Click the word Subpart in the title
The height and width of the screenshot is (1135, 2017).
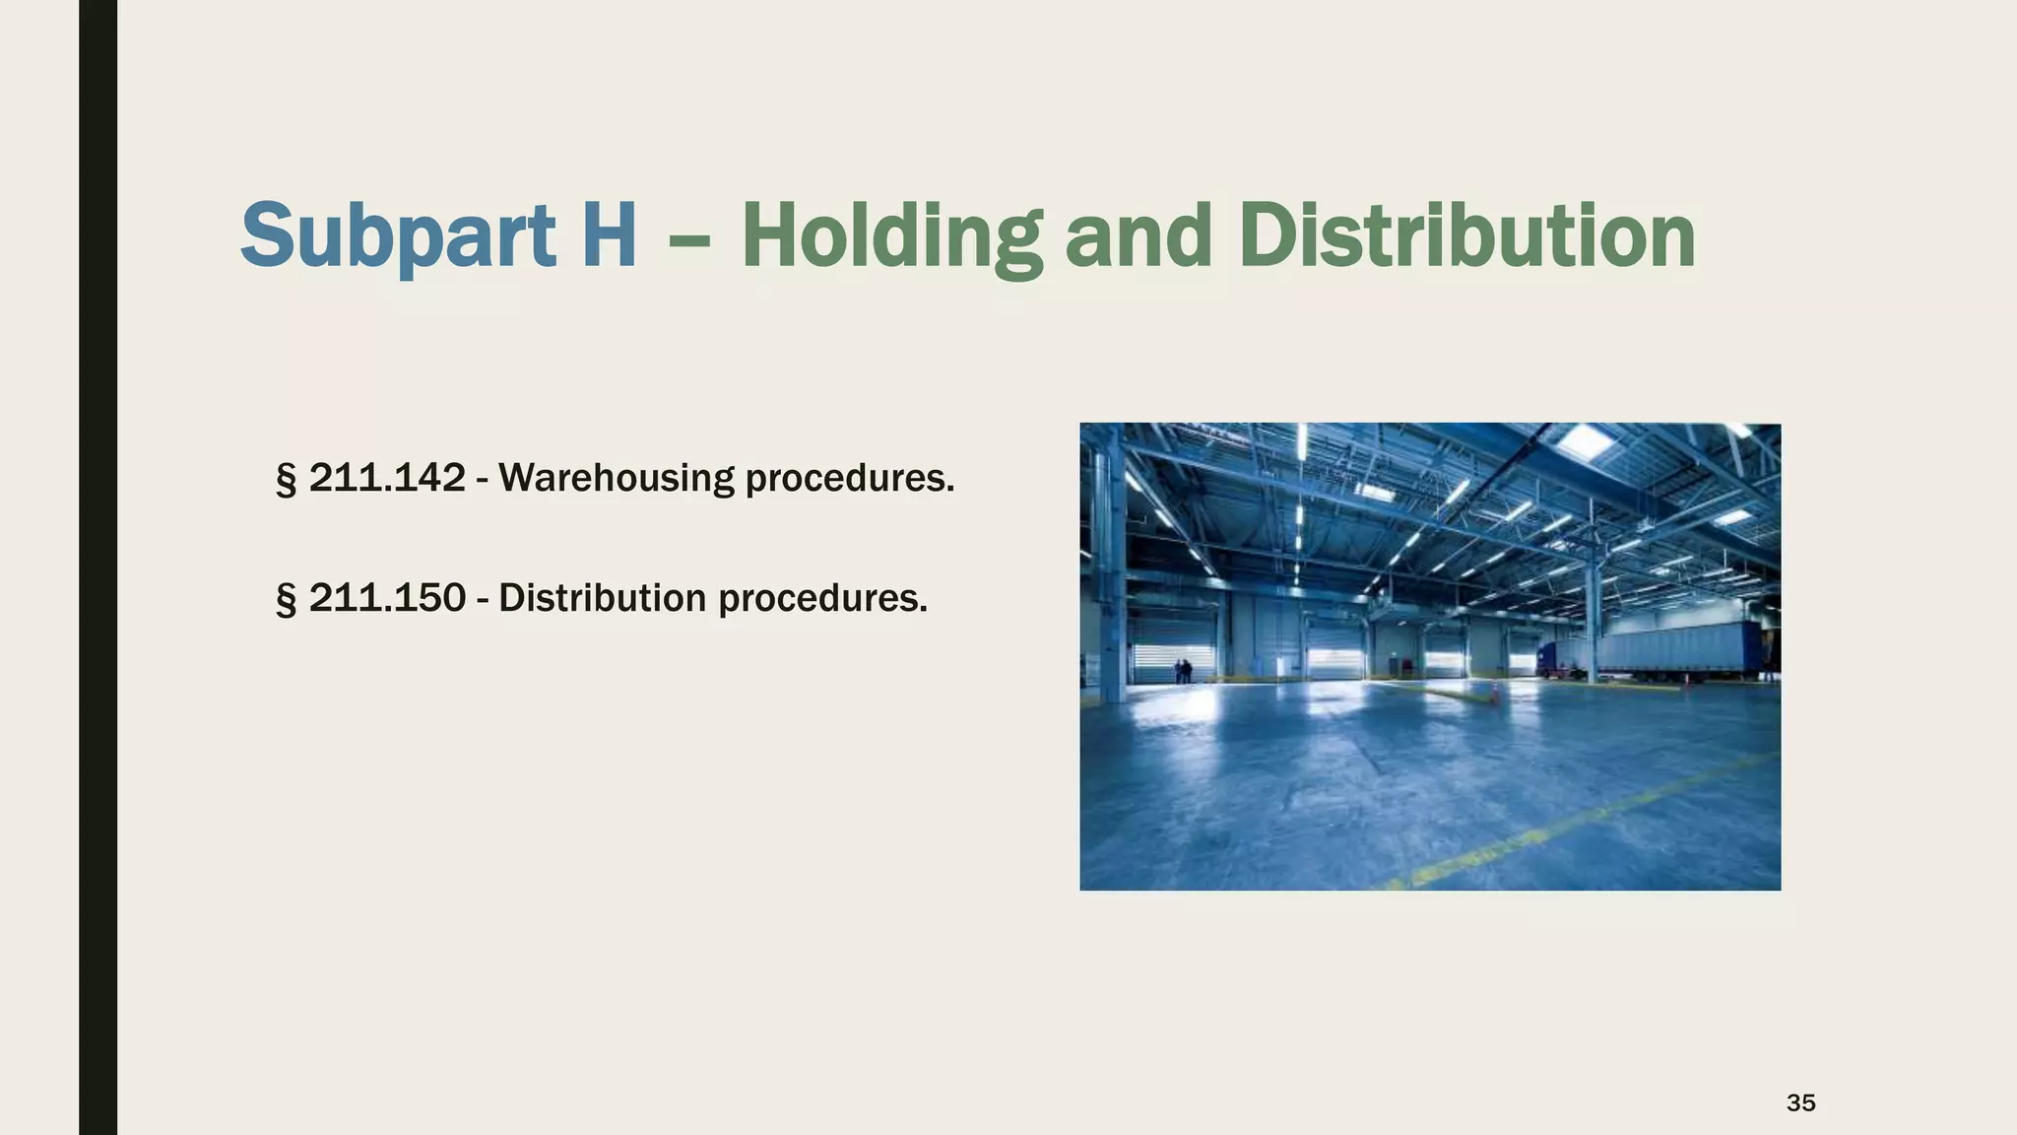[398, 236]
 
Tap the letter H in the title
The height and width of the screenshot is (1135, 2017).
[608, 236]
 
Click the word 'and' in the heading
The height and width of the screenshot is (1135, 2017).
[1138, 236]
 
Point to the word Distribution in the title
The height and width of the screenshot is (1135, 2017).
[1466, 236]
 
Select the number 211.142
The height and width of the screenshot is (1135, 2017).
[387, 478]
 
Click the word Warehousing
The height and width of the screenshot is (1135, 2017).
[617, 478]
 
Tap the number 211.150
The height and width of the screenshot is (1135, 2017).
[387, 598]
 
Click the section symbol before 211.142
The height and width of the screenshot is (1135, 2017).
[286, 479]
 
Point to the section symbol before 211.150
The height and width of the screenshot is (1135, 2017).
[286, 599]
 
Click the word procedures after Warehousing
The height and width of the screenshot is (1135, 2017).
[849, 479]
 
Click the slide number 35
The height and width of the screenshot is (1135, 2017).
[1800, 1102]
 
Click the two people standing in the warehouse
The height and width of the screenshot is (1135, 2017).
[1183, 671]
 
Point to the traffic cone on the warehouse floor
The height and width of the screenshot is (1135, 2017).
[1494, 696]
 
